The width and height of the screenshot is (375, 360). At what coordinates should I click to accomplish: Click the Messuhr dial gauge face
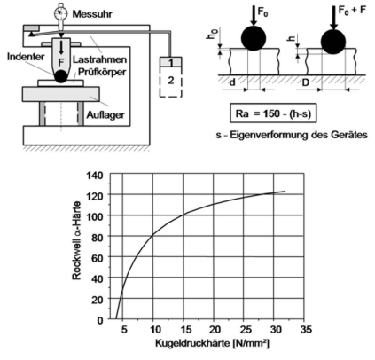click(61, 12)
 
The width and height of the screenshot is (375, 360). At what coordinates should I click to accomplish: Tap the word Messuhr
click(92, 14)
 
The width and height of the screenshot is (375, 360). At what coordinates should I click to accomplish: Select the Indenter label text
click(26, 57)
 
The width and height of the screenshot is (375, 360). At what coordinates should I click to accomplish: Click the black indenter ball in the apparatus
click(61, 76)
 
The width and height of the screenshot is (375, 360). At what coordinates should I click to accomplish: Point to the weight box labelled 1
click(171, 62)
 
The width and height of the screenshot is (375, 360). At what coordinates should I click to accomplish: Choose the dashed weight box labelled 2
click(171, 82)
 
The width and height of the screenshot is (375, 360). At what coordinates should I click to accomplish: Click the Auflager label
click(105, 114)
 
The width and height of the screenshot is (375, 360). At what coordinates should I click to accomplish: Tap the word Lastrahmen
click(99, 59)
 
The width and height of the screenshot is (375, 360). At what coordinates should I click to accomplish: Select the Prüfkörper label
click(102, 72)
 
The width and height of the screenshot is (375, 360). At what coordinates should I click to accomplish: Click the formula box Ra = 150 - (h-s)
click(273, 113)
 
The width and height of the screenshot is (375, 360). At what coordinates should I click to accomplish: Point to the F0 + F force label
click(352, 11)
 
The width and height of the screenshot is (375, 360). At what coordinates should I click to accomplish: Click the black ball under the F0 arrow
click(254, 38)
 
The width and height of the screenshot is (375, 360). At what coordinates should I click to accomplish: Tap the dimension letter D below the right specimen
click(305, 82)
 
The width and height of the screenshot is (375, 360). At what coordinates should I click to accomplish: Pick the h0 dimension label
click(211, 35)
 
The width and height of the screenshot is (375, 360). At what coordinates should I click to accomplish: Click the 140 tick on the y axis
click(95, 176)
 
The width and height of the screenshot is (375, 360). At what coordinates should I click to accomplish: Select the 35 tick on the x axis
click(305, 329)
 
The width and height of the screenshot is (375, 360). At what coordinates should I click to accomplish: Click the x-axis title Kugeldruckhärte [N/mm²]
click(212, 343)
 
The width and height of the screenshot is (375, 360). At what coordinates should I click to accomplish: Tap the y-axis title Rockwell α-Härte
click(76, 240)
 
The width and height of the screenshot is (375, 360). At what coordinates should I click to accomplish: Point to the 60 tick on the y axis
click(98, 258)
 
